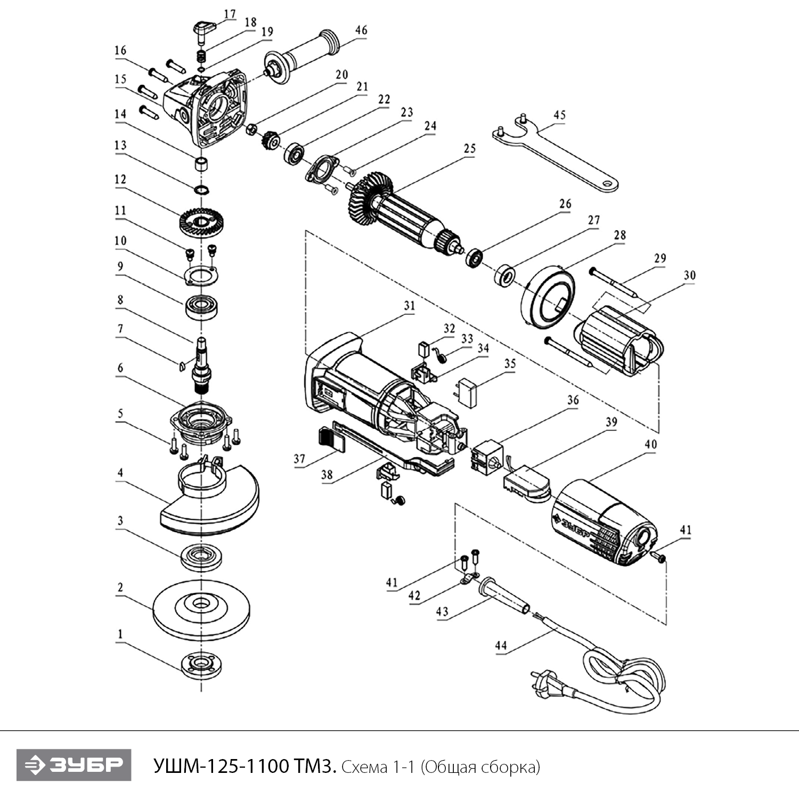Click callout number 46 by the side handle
point(361,30)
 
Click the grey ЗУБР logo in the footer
point(74,765)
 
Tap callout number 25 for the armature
point(469,148)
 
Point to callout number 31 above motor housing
point(409,306)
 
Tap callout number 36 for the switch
point(573,399)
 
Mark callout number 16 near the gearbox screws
point(120,50)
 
